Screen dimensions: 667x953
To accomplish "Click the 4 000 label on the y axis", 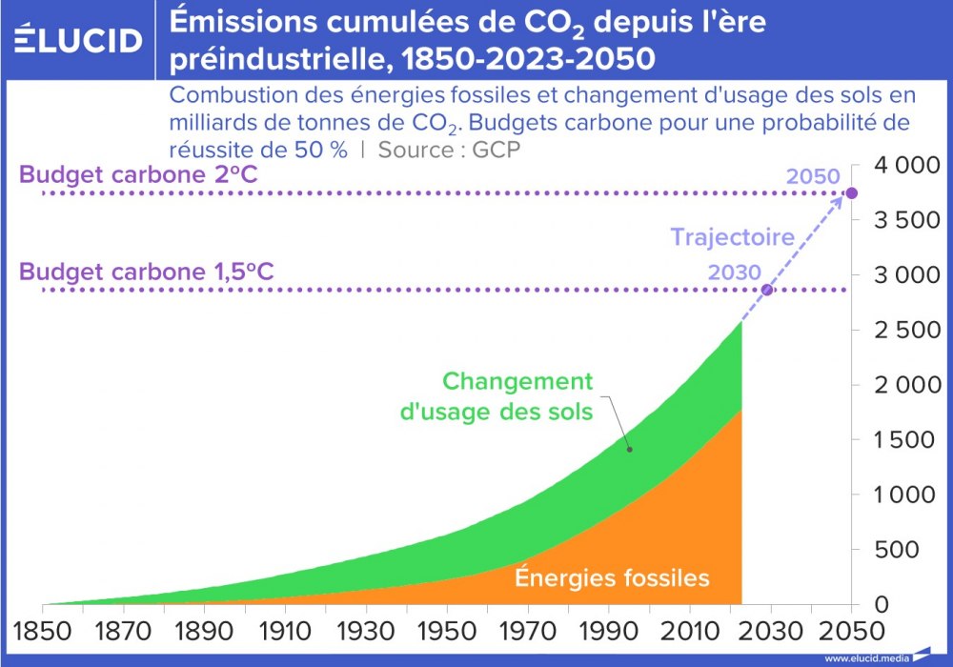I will pyautogui.click(x=900, y=166).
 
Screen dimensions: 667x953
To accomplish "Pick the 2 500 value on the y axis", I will pyautogui.click(x=900, y=331).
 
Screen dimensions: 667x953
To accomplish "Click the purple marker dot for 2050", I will pyautogui.click(x=851, y=193).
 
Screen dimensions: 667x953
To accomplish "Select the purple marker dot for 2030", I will pyautogui.click(x=767, y=290).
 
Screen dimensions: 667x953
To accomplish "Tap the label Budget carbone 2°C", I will pyautogui.click(x=139, y=176).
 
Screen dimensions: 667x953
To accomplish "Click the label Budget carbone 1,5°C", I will pyautogui.click(x=147, y=273).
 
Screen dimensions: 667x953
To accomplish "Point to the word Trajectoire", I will pyautogui.click(x=732, y=237).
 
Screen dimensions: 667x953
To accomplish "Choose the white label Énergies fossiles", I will pyautogui.click(x=612, y=577).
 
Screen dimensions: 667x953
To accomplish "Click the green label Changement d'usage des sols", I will pyautogui.click(x=517, y=397).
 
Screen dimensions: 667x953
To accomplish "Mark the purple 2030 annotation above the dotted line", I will pyautogui.click(x=735, y=273).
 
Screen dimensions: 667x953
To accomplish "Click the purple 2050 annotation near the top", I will pyautogui.click(x=812, y=176).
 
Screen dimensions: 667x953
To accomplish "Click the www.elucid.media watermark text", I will pyautogui.click(x=866, y=657).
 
